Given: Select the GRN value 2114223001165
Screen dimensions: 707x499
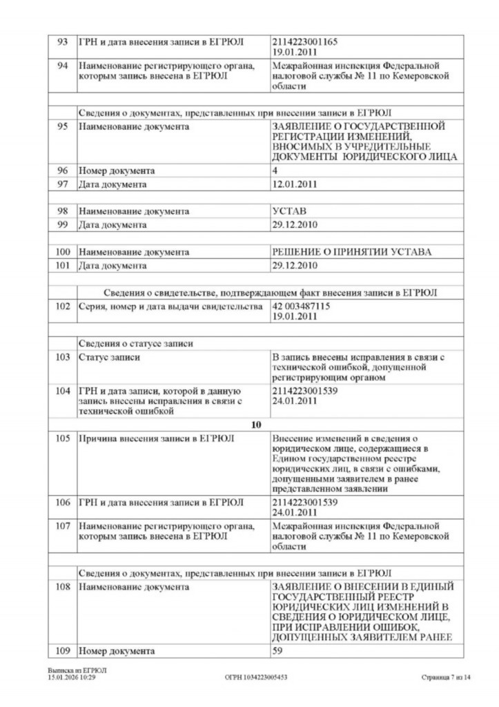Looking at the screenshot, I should click(x=305, y=42).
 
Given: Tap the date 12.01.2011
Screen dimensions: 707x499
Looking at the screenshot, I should click(x=295, y=185).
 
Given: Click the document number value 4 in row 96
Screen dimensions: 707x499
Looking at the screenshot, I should click(x=276, y=171).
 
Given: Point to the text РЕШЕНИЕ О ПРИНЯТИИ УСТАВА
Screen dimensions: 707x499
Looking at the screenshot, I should click(x=352, y=252).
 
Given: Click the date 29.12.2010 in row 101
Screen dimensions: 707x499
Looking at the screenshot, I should click(x=295, y=266).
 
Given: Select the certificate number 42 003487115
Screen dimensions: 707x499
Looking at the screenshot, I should click(x=302, y=307).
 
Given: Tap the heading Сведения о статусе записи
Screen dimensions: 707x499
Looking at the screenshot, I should click(x=135, y=343).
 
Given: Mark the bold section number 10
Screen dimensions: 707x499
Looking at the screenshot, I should click(x=256, y=425).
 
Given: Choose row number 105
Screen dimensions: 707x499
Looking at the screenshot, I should click(x=63, y=438).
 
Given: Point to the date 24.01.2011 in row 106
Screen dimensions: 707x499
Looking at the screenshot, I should click(x=295, y=514).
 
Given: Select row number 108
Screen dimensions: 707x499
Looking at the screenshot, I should click(x=63, y=587).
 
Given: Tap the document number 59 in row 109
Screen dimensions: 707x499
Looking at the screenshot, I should click(x=279, y=650).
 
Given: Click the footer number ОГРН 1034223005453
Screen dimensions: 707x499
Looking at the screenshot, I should click(x=256, y=677).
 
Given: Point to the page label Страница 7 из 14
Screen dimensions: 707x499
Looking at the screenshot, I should click(x=445, y=677).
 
